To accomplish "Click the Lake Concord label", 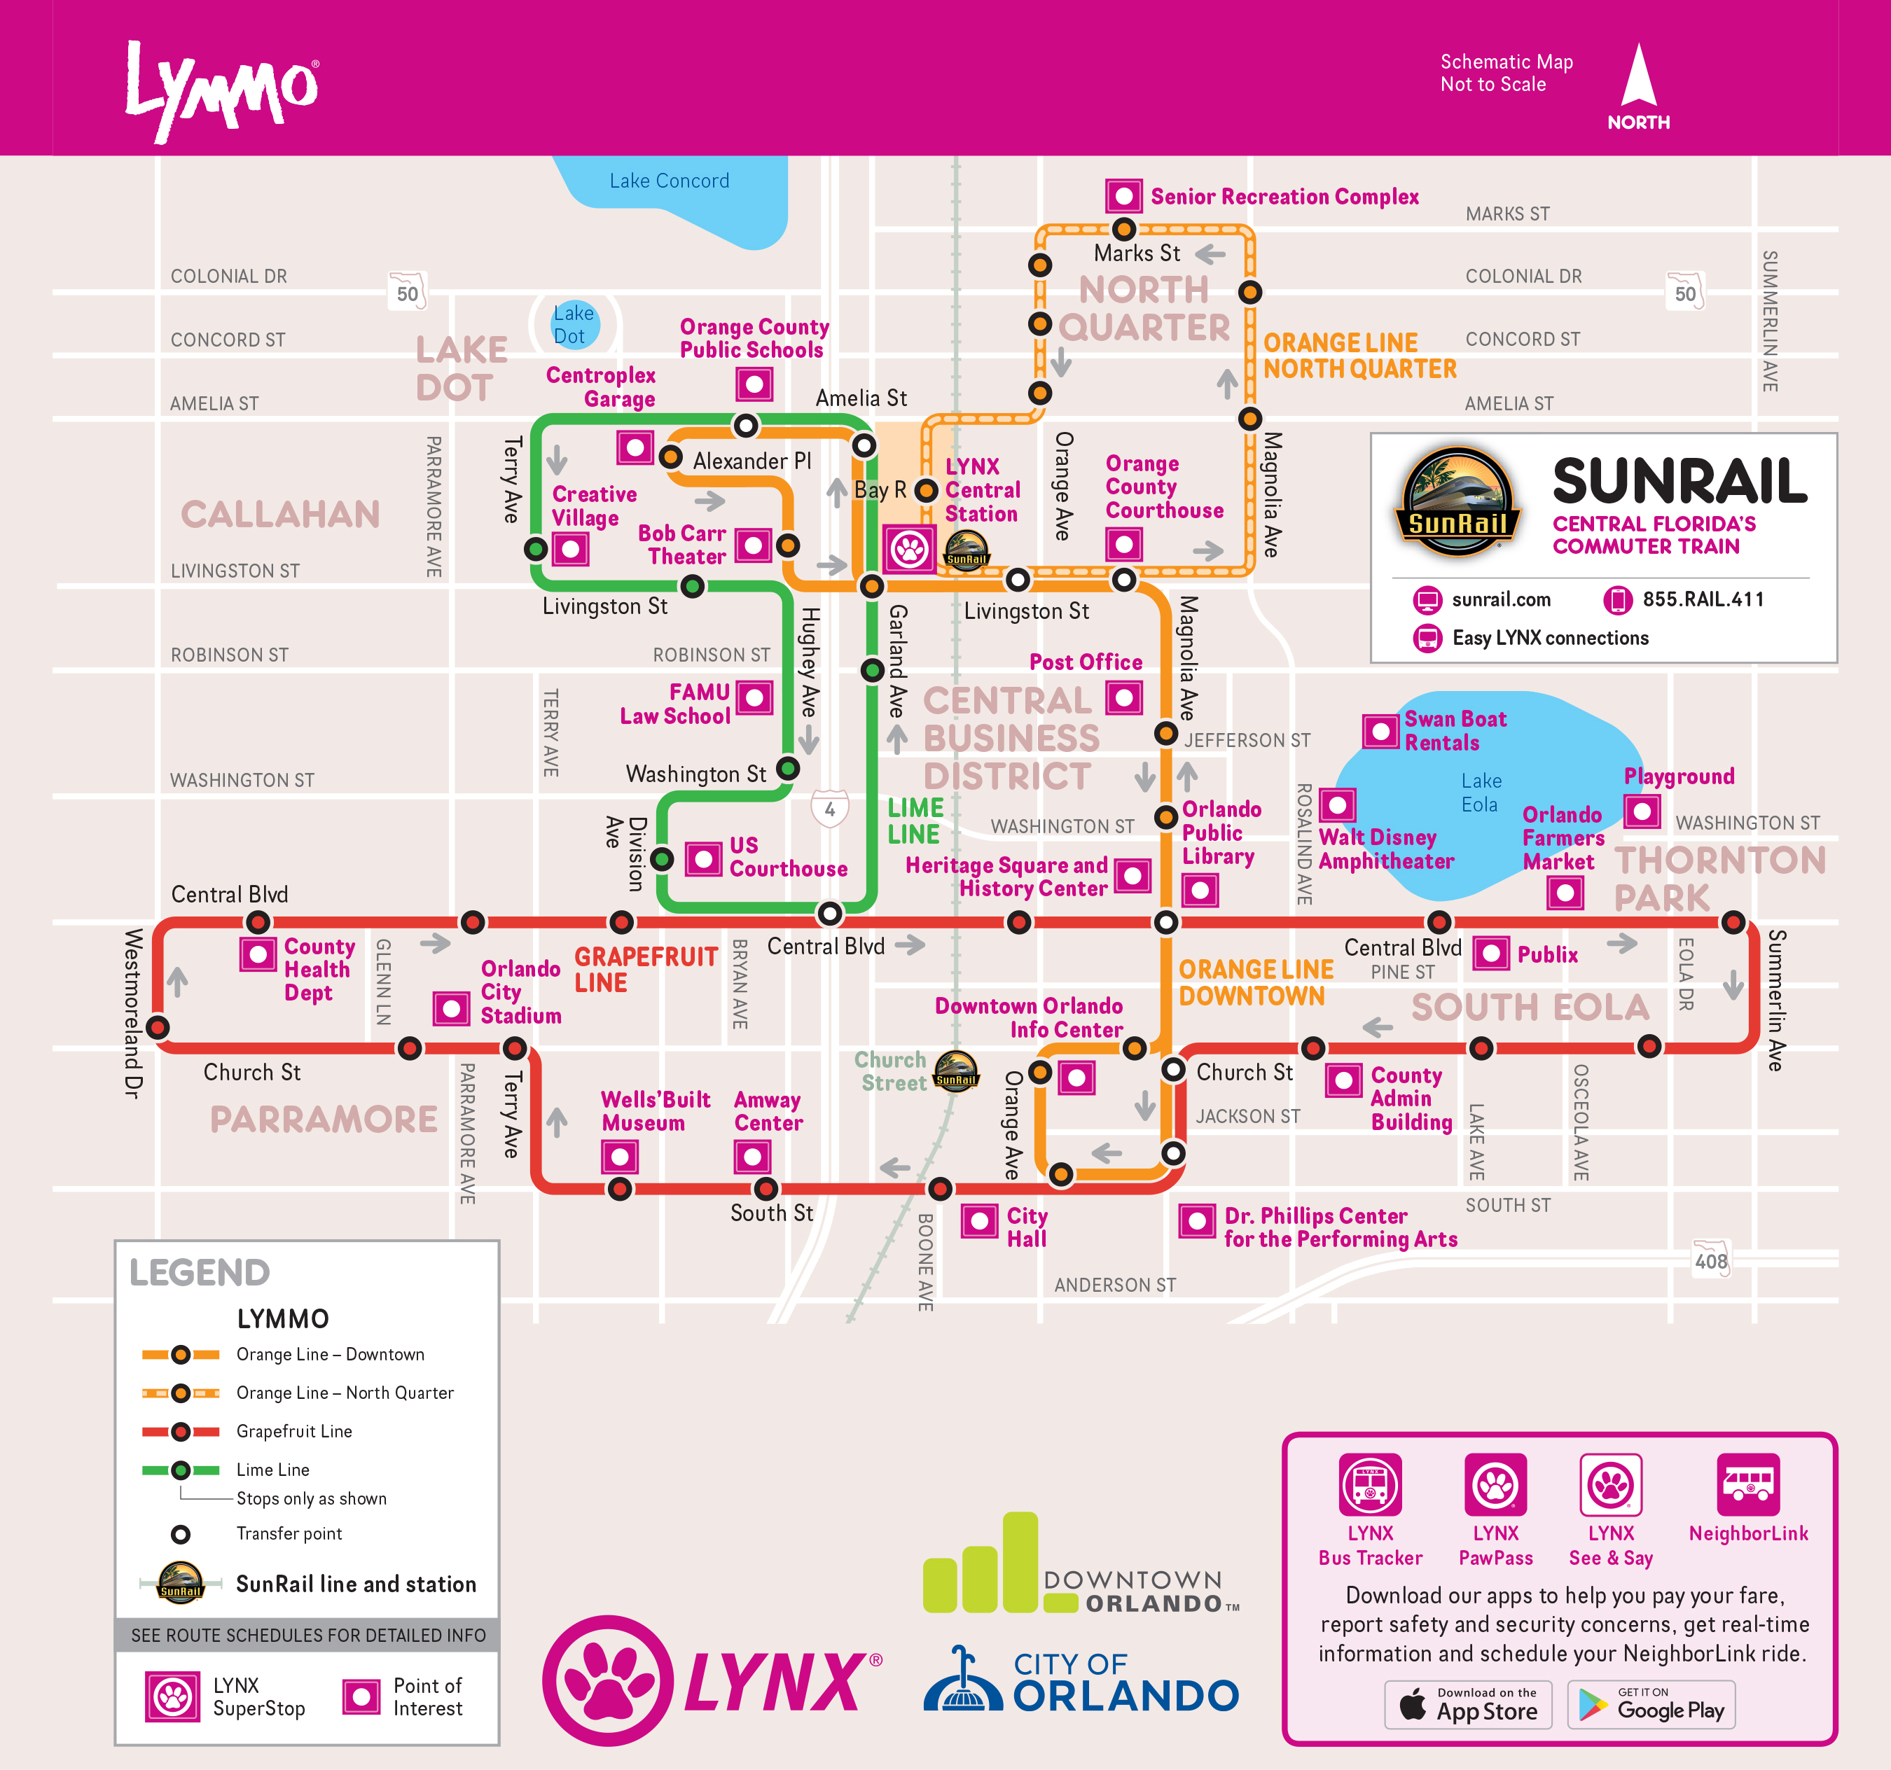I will (x=669, y=181).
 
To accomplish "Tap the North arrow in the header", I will (x=1638, y=76).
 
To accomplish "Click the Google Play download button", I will (x=1651, y=1704).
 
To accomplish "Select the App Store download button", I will (x=1468, y=1704).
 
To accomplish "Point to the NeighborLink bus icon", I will (x=1747, y=1484).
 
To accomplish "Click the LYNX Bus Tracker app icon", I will (x=1370, y=1484).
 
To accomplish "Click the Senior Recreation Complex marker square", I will (x=1123, y=197).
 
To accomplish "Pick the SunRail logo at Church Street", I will (x=955, y=1071).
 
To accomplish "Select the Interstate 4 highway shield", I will (x=829, y=809).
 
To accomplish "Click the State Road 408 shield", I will (x=1710, y=1260).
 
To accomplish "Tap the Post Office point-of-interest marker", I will (x=1123, y=698).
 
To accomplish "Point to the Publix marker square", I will (x=1490, y=953).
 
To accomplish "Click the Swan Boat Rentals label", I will (x=1455, y=730).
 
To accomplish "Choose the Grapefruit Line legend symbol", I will (x=180, y=1431).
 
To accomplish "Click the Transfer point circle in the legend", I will (x=180, y=1534).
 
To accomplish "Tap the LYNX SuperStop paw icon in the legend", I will (x=172, y=1696).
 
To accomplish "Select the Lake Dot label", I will (x=573, y=324).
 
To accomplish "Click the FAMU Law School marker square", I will (x=754, y=697).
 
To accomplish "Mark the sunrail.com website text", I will (x=1500, y=599).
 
